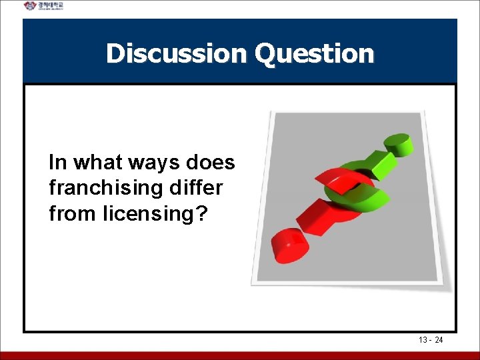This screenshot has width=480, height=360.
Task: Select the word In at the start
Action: [57, 163]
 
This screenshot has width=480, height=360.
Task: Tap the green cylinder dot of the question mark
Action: [397, 143]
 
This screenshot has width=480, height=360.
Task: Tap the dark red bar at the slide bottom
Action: [240, 355]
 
